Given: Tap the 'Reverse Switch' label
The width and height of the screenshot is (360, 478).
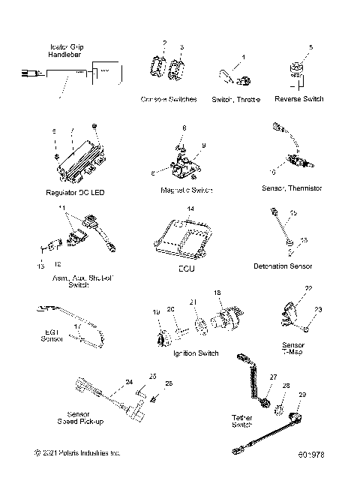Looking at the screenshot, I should [x=299, y=99].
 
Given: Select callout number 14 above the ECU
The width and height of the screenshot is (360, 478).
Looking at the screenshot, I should [x=190, y=208].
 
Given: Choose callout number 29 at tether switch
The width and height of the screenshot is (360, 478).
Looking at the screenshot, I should [x=302, y=395].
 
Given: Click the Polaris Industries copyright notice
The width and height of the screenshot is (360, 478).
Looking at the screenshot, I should [x=77, y=453].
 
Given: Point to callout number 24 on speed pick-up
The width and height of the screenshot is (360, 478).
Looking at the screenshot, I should [x=129, y=382].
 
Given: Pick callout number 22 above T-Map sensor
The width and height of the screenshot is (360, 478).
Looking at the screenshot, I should [x=308, y=288].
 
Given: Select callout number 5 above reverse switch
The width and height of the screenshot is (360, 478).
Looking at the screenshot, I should [x=311, y=47].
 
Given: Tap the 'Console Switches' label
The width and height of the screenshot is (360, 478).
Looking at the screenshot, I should [x=169, y=99].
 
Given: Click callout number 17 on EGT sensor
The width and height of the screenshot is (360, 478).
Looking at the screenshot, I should [x=77, y=326].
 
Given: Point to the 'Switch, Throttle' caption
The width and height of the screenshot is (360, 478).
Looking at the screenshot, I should [x=235, y=99].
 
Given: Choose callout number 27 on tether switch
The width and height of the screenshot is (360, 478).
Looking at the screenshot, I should [x=274, y=377].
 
